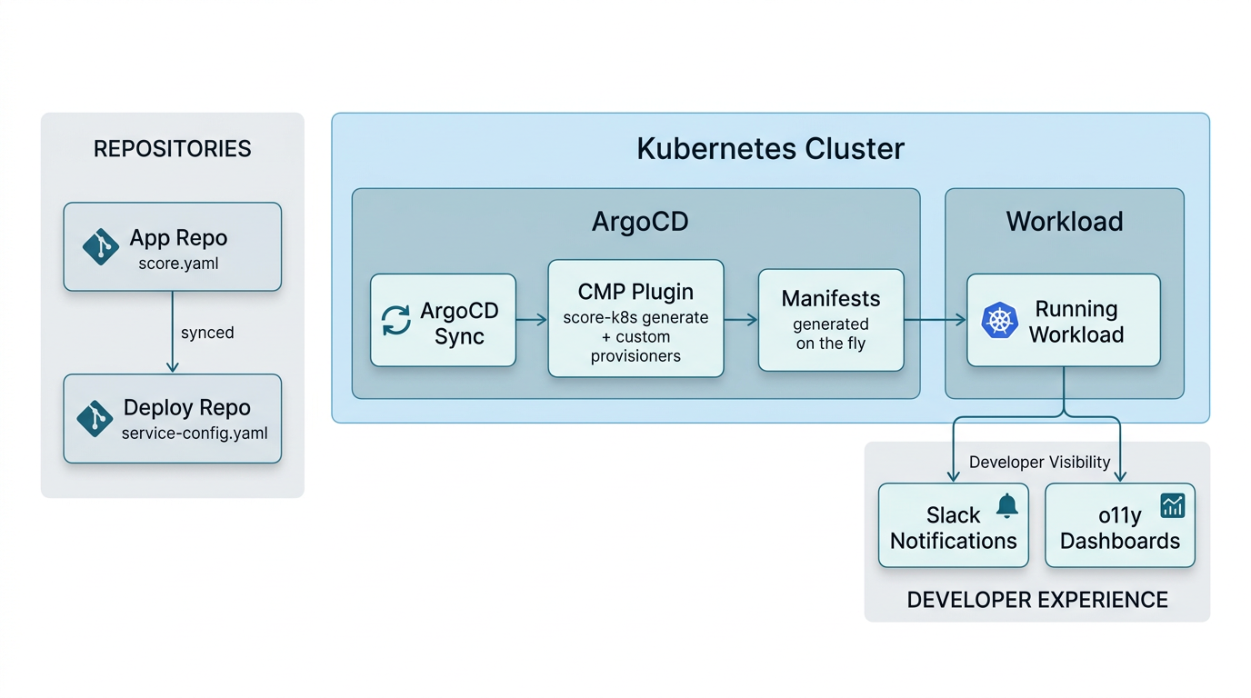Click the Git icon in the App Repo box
(x=100, y=246)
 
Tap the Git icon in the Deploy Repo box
(x=95, y=418)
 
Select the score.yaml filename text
(x=178, y=264)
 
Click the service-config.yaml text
(x=195, y=434)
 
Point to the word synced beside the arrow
(x=207, y=333)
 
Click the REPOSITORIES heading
(x=172, y=149)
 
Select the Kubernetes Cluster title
(x=770, y=149)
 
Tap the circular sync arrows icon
(x=395, y=321)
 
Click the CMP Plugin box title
(x=636, y=292)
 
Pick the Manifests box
(x=831, y=320)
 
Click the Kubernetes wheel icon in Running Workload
(x=999, y=321)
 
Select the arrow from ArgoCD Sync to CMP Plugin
(x=532, y=320)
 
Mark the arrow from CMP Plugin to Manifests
(x=741, y=319)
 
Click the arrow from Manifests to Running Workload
(x=935, y=319)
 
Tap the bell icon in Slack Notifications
(x=1006, y=506)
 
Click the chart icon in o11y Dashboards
(x=1173, y=505)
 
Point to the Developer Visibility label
(x=1039, y=463)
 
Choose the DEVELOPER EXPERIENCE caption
(x=1037, y=600)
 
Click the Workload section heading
(x=1064, y=222)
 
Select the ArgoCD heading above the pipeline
(x=640, y=222)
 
